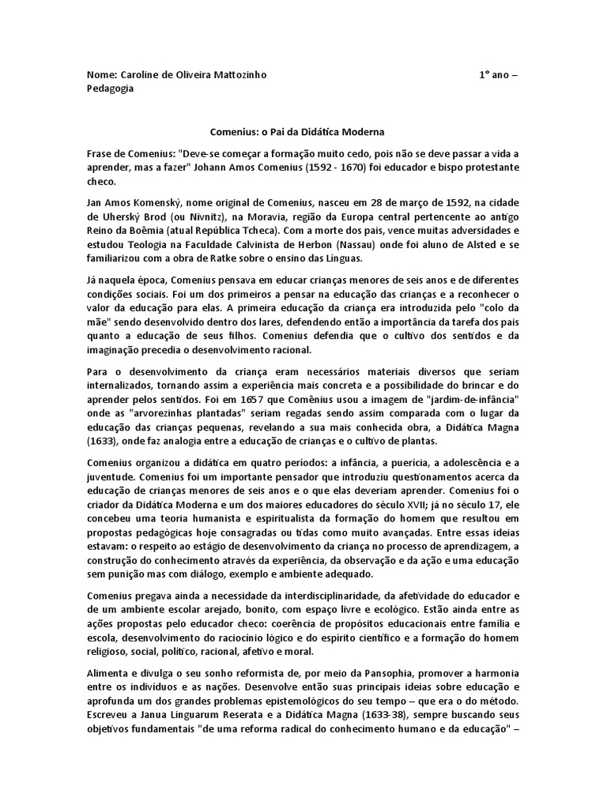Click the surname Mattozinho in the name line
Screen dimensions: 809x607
(236, 75)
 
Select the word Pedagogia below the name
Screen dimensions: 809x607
(110, 88)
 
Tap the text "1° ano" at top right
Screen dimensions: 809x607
(498, 75)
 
